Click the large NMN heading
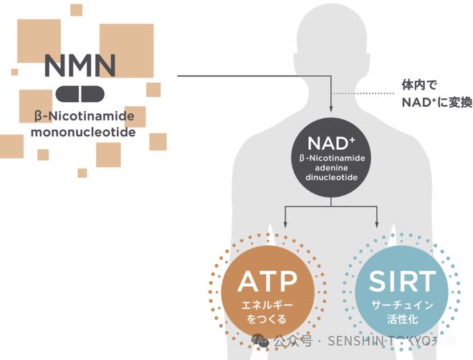[x=80, y=65]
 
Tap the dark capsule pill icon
[x=80, y=93]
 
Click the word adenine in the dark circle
[x=330, y=167]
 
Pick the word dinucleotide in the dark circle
[x=330, y=179]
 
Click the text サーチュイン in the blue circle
[x=401, y=305]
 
